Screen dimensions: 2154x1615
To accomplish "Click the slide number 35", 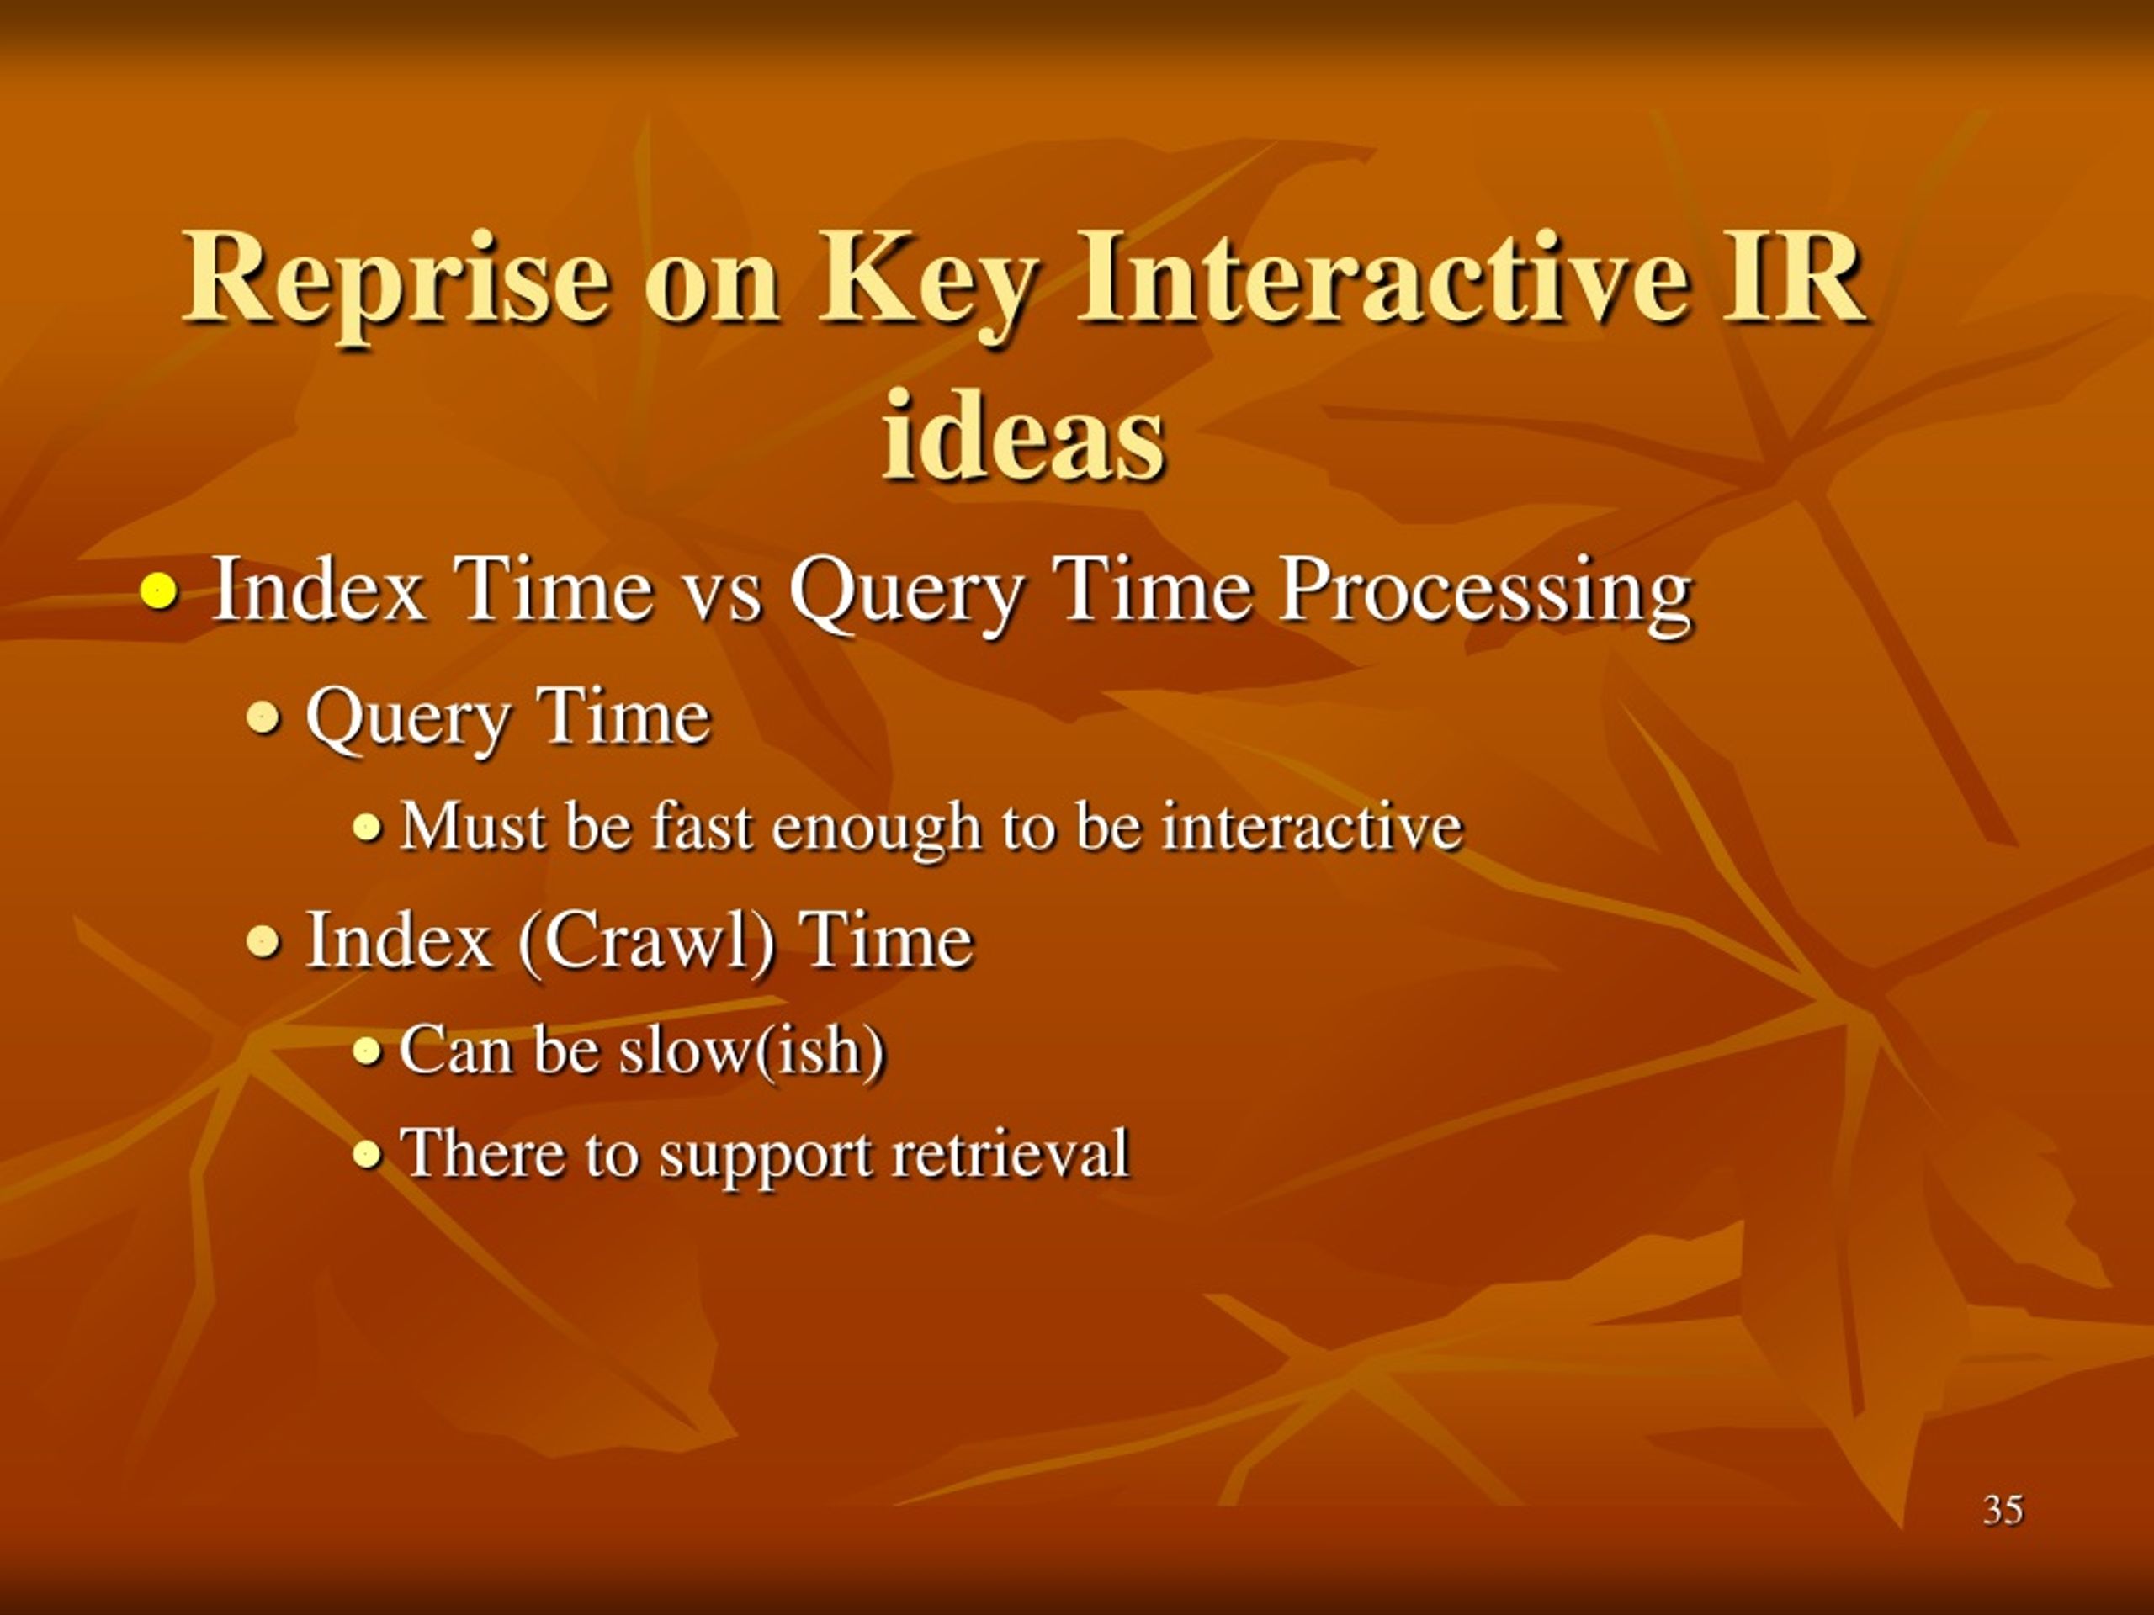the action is point(2003,1509).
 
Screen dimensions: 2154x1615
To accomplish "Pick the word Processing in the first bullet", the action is point(1486,595).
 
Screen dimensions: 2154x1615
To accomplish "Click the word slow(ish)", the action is point(753,1051).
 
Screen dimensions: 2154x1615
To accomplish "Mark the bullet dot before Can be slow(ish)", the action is point(366,1051).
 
